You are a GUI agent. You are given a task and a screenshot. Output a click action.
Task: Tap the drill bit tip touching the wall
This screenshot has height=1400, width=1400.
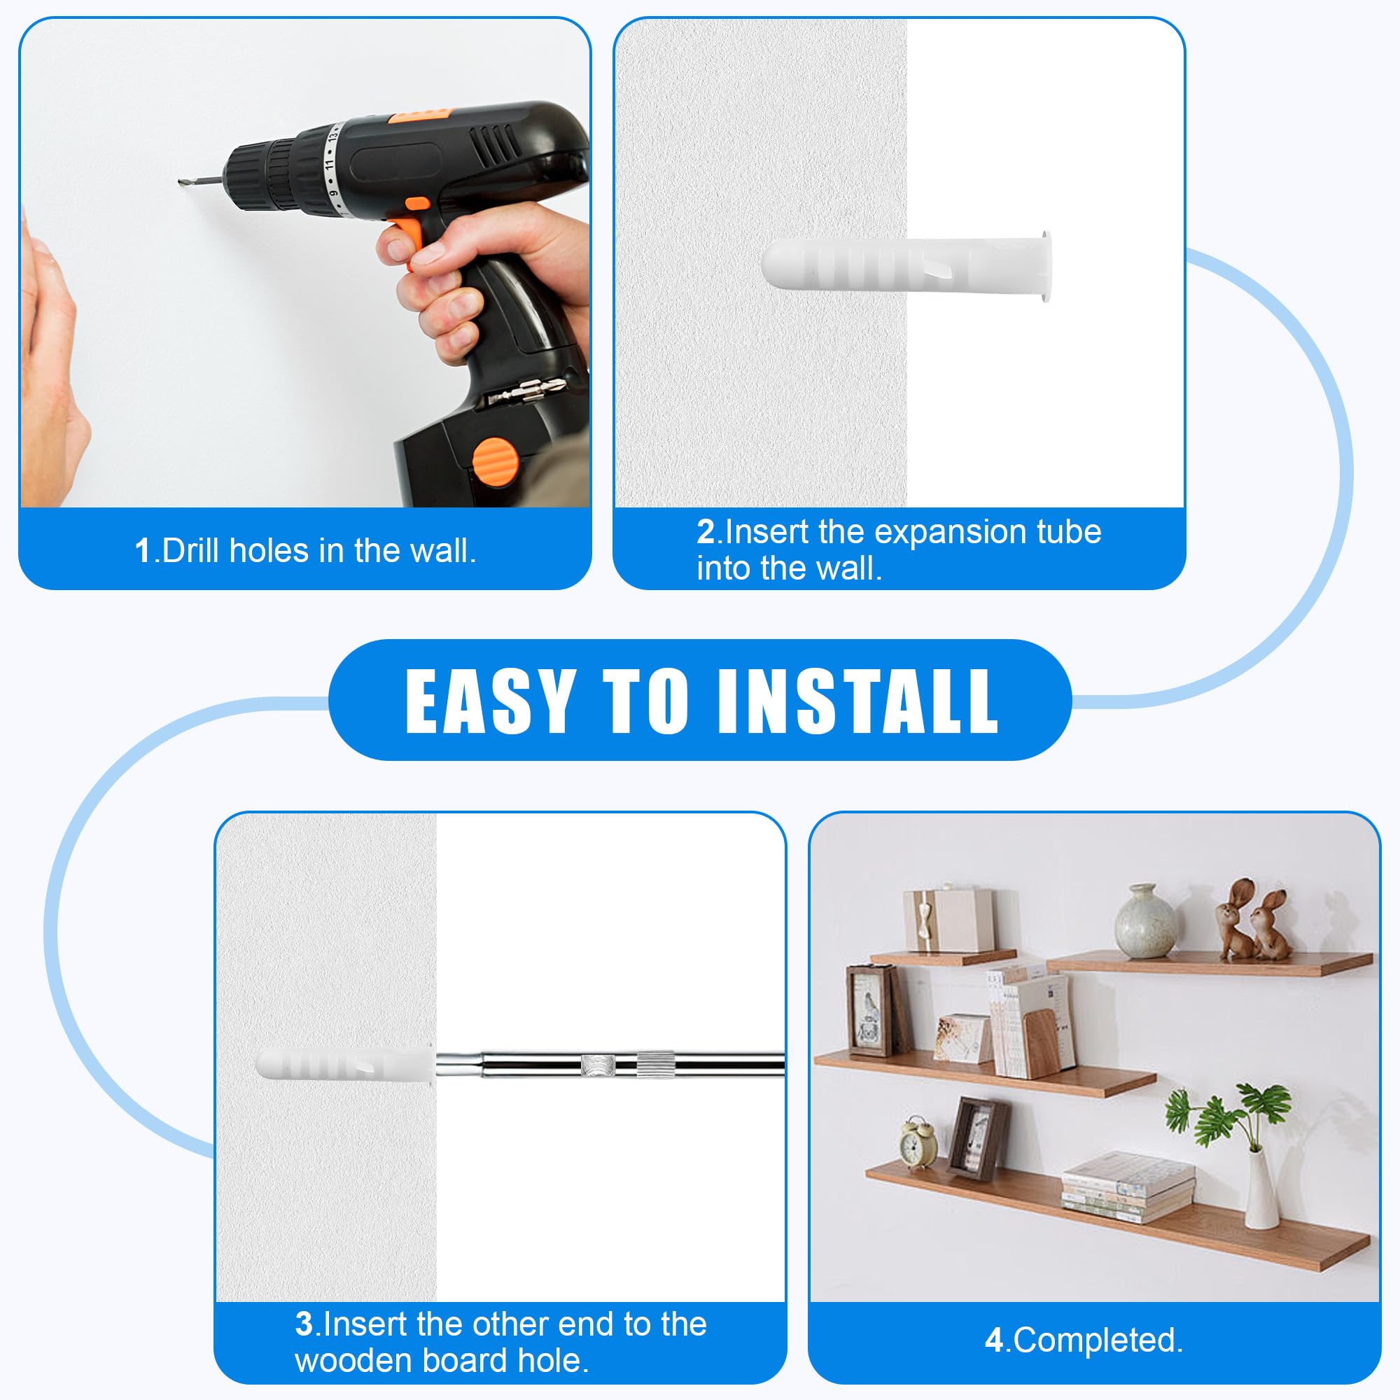[x=179, y=182]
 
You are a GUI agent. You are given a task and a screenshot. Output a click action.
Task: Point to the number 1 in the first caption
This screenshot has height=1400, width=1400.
[x=143, y=551]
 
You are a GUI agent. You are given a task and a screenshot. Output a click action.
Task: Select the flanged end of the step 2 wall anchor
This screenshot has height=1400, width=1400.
[x=1044, y=266]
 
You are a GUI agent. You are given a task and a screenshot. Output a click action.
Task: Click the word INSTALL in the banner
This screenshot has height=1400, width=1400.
[x=858, y=700]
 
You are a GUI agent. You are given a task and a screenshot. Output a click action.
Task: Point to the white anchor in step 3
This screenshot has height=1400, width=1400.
[x=345, y=1065]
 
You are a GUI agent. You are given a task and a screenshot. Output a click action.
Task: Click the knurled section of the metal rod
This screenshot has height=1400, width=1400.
[x=655, y=1065]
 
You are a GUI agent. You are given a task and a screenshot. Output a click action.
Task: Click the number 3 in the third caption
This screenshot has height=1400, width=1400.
[x=304, y=1324]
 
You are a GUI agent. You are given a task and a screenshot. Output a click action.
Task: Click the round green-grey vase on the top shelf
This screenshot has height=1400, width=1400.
[x=1144, y=921]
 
